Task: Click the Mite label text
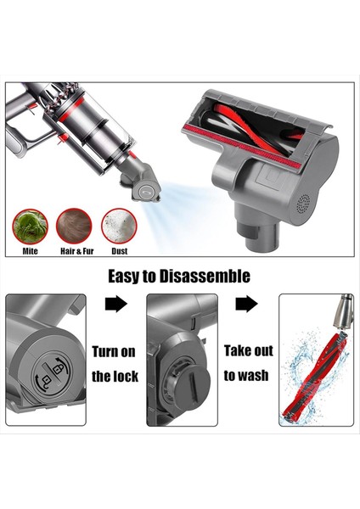(x=30, y=251)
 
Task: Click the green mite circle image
(x=30, y=227)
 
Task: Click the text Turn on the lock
(x=114, y=363)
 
